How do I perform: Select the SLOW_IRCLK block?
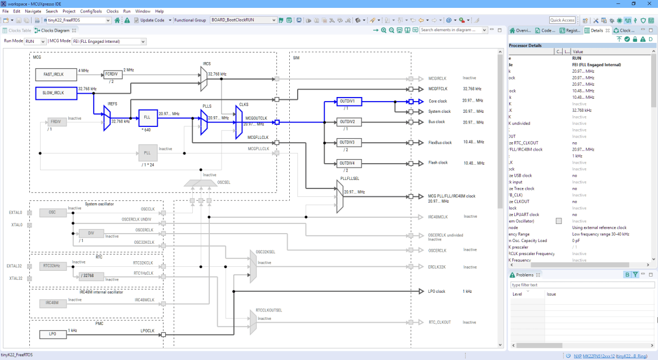pos(56,93)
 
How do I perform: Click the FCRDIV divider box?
pos(112,74)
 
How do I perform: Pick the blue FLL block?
pos(148,118)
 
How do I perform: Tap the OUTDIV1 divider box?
pos(349,102)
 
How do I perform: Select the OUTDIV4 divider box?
pos(349,164)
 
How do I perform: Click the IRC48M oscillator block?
pos(52,303)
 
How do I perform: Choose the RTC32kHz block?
pos(52,266)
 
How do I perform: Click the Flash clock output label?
pos(438,163)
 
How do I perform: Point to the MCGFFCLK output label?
pos(438,89)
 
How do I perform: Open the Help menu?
pos(159,11)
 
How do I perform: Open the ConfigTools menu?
pos(91,11)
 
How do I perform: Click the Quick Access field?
pos(562,20)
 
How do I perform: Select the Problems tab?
pos(524,275)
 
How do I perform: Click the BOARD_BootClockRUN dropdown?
pos(243,20)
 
